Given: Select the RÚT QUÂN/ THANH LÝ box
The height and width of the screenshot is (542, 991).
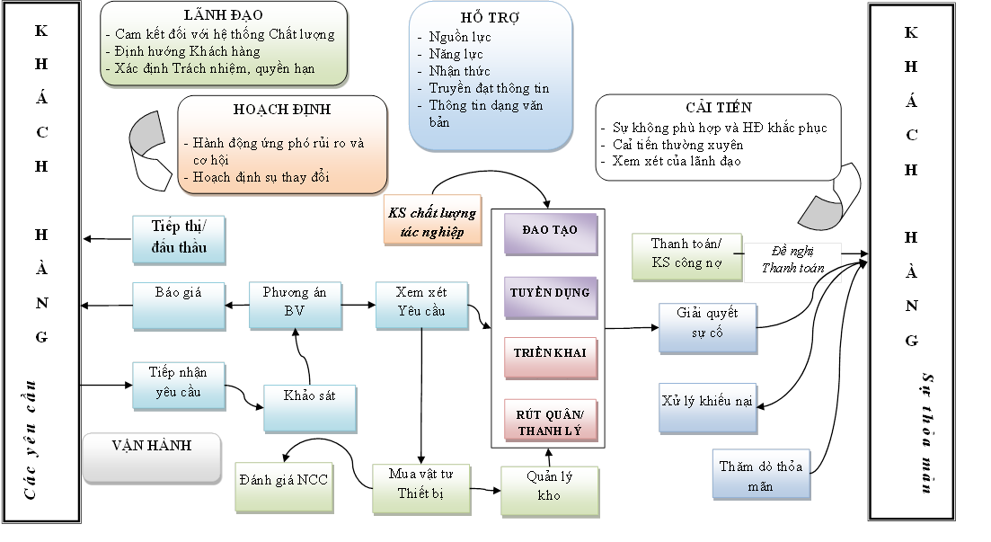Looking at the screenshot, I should [x=550, y=422].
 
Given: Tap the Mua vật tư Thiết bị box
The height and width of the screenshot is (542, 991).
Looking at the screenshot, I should [x=421, y=485].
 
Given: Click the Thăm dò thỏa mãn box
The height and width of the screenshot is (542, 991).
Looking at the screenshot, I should [x=762, y=474].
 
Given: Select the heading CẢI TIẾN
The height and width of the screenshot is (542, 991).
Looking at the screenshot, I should [x=718, y=108].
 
